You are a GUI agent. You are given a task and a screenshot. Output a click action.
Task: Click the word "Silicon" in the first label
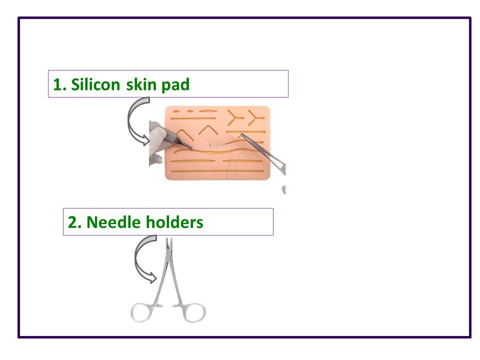pyautogui.click(x=94, y=84)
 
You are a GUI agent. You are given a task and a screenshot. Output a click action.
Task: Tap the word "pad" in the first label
pyautogui.click(x=175, y=84)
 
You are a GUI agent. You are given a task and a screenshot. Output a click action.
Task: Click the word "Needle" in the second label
pyautogui.click(x=112, y=222)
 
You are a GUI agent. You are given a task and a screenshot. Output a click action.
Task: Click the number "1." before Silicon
pyautogui.click(x=59, y=84)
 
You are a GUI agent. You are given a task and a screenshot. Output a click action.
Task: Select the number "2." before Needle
pyautogui.click(x=74, y=222)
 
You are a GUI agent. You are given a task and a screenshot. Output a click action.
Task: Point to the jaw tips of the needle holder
pyautogui.click(x=168, y=243)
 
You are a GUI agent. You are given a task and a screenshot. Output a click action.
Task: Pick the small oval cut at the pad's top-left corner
pyautogui.click(x=190, y=111)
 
